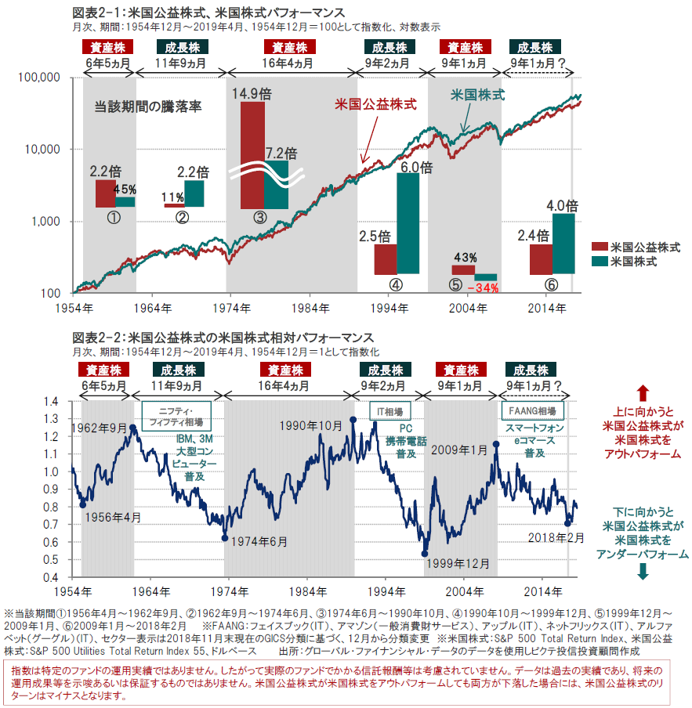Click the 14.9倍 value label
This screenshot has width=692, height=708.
[252, 93]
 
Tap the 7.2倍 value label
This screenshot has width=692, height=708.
[281, 153]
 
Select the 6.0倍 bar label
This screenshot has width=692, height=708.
[415, 166]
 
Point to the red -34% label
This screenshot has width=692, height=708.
[482, 287]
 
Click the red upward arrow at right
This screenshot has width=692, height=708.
[642, 392]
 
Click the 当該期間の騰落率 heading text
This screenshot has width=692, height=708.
[148, 107]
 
